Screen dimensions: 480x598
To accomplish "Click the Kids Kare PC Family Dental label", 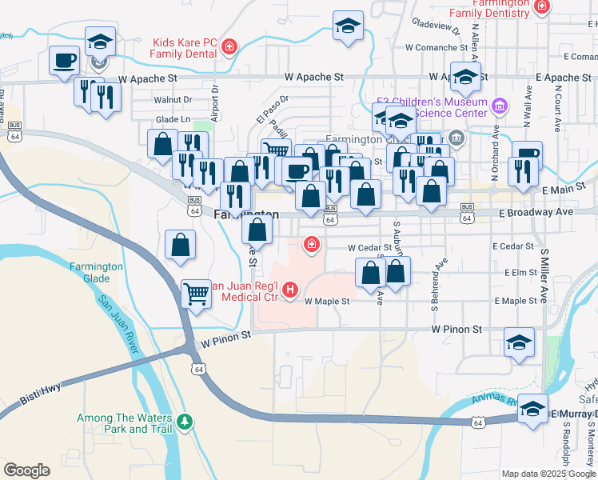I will [x=185, y=47].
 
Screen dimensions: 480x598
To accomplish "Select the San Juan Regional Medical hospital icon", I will [x=290, y=289].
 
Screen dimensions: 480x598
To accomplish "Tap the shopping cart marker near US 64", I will [x=196, y=293].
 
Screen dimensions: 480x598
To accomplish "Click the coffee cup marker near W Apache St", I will [x=64, y=59].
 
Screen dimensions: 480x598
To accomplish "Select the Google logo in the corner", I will [x=27, y=470].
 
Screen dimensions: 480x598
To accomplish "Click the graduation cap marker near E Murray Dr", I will [x=532, y=408].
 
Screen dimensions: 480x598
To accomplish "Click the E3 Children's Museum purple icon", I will [x=500, y=106].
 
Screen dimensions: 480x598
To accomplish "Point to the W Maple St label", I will [x=328, y=302].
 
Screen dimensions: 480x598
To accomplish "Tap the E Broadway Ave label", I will [x=536, y=213].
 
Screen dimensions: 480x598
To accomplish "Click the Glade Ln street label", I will [x=173, y=119].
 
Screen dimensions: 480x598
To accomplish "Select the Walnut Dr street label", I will [x=173, y=100].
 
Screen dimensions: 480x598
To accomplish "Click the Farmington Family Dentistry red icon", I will [x=543, y=7].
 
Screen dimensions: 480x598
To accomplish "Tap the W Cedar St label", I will [x=369, y=248].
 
